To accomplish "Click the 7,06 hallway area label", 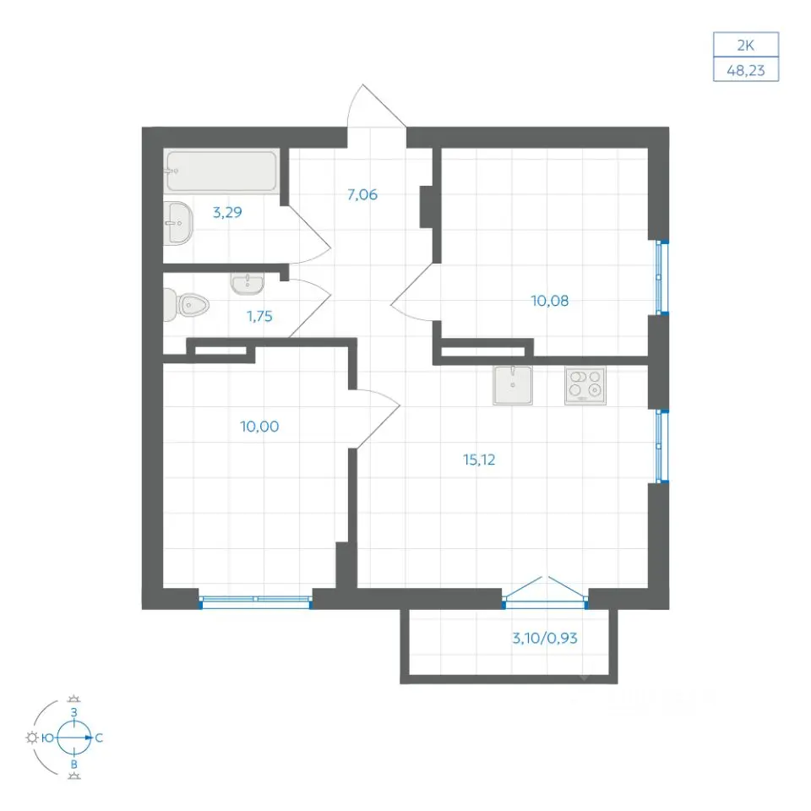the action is tap(362, 195).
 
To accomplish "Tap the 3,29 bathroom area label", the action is tap(227, 212).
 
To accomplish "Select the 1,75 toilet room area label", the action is tap(259, 316).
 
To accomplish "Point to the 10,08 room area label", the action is tap(550, 301).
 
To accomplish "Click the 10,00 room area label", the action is tap(259, 427).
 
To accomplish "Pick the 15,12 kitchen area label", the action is tap(479, 460).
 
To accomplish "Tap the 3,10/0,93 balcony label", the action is tap(545, 639).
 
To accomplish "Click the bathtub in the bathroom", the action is tap(222, 171).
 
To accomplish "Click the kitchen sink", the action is tap(513, 385).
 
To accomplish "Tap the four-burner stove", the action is tap(585, 385).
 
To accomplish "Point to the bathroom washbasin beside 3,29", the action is tap(178, 223).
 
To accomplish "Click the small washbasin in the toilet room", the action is tap(248, 284).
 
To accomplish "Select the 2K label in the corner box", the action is tap(745, 46).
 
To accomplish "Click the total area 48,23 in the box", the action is tap(745, 70).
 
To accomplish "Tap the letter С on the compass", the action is tap(99, 738).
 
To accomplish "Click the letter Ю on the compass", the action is tap(47, 738).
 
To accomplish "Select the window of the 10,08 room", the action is tap(659, 277).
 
